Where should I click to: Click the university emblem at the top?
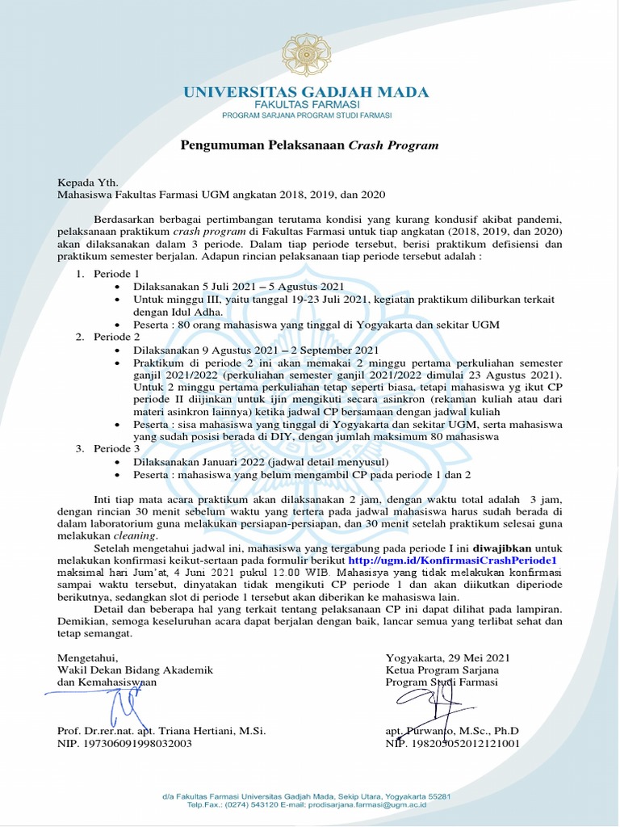pyautogui.click(x=306, y=54)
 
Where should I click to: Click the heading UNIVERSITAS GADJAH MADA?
pyautogui.click(x=306, y=92)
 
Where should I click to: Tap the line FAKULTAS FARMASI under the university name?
pyautogui.click(x=306, y=106)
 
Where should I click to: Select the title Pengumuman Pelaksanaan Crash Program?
pyautogui.click(x=309, y=145)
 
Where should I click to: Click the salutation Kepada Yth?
pyautogui.click(x=87, y=183)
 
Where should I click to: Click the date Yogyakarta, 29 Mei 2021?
pyautogui.click(x=448, y=657)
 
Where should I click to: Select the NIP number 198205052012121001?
pyautogui.click(x=453, y=743)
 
